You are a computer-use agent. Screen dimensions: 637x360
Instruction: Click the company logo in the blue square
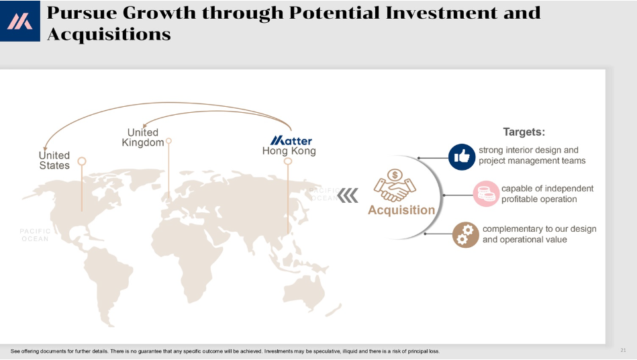point(19,21)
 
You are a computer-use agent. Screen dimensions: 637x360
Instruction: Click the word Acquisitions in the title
point(109,34)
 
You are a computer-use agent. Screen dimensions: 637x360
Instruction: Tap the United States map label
point(54,161)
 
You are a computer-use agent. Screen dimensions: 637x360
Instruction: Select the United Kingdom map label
point(143,137)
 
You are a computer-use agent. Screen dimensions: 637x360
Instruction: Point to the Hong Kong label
point(289,151)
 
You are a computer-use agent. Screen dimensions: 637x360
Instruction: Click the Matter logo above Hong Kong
point(291,140)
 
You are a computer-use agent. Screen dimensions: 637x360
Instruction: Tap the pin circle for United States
point(82,161)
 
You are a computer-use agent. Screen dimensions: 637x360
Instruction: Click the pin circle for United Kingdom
point(168,141)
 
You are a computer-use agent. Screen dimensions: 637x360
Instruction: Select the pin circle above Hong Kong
point(288,161)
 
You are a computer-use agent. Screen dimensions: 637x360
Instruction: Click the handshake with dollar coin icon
point(395,185)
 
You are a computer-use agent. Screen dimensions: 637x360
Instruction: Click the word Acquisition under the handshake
point(401,210)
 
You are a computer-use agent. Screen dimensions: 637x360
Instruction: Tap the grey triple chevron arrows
point(348,195)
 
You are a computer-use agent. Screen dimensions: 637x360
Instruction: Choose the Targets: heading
point(524,132)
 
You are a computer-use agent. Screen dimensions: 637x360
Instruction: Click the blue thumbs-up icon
point(462,157)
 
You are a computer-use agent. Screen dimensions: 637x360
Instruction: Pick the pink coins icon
point(486,194)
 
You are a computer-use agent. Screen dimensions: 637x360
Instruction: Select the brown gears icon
point(466,235)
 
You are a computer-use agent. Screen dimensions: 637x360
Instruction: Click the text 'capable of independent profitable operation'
point(547,194)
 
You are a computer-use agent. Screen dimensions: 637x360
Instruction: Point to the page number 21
point(623,350)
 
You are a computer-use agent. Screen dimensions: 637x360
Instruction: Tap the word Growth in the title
point(159,13)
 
